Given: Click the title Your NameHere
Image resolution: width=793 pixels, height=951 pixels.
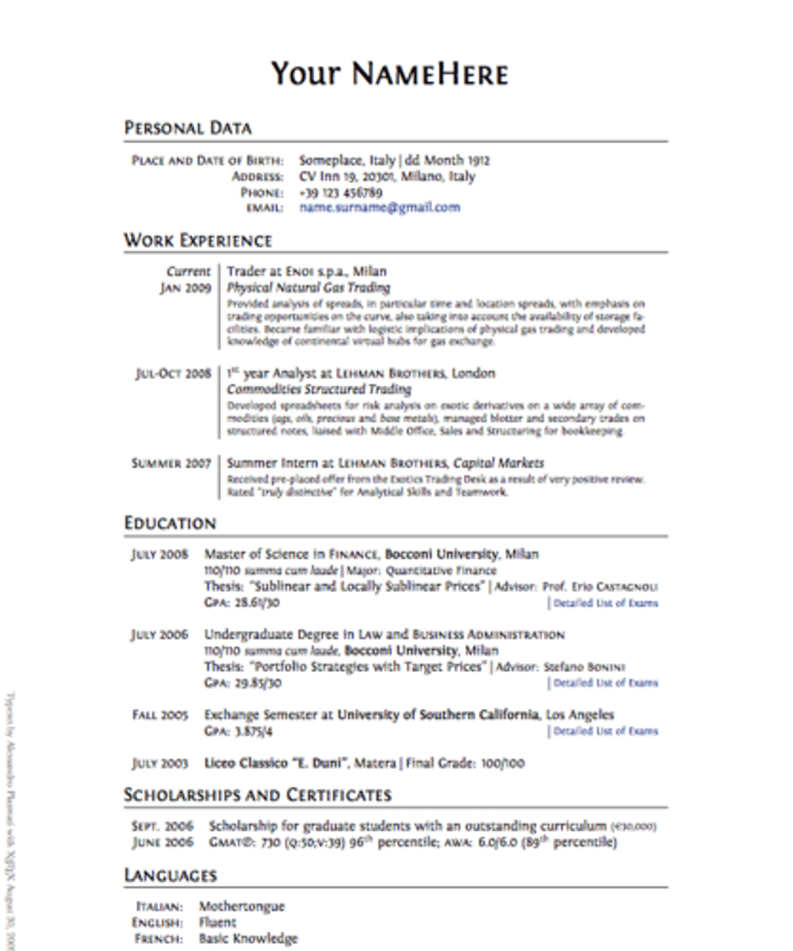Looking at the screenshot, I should tap(389, 74).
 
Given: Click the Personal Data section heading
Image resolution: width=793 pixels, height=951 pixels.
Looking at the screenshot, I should tap(188, 128).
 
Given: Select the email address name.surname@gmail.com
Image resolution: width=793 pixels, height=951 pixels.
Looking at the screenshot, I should tap(379, 208).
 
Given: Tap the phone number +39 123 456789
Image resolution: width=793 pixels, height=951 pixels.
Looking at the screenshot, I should tap(340, 193).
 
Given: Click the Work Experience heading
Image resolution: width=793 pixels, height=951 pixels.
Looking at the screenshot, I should tap(197, 241).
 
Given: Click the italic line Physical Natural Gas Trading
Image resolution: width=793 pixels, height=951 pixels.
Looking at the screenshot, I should tap(308, 288).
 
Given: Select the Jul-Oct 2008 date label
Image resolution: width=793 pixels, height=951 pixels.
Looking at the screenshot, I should tap(173, 374).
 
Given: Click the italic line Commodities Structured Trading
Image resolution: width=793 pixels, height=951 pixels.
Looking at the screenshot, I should tap(319, 389).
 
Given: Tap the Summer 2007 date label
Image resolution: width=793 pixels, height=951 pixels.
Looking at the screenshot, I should tap(170, 463).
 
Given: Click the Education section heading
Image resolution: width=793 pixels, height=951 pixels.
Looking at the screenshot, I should tap(170, 523).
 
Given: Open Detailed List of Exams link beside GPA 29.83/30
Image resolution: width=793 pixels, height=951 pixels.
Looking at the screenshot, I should tap(605, 683).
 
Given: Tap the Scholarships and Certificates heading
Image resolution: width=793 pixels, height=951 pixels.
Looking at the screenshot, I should tap(258, 795).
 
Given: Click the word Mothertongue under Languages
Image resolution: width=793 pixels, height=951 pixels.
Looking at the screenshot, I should tap(241, 907).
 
